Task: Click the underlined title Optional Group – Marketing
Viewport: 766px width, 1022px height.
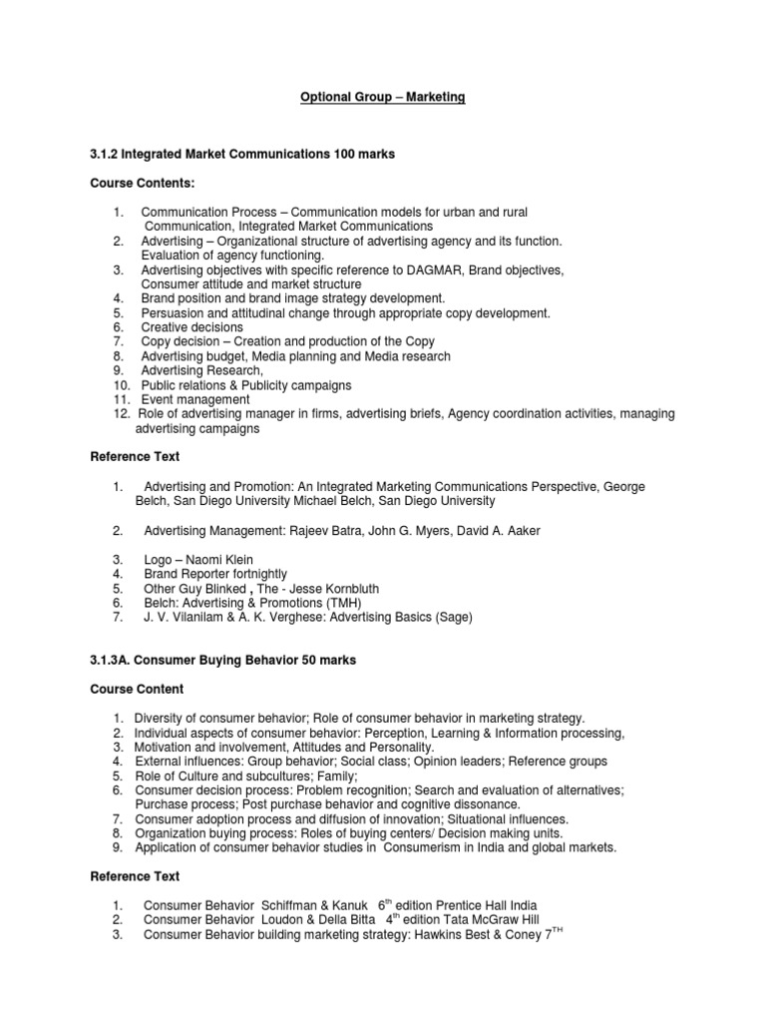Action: click(384, 97)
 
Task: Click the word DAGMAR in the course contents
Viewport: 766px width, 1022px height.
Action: click(445, 269)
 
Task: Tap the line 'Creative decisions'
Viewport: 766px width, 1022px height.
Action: click(191, 327)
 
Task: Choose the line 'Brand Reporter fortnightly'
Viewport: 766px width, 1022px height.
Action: click(214, 574)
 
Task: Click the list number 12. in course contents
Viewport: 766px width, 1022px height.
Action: click(122, 413)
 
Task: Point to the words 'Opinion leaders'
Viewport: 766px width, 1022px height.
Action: click(450, 762)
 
